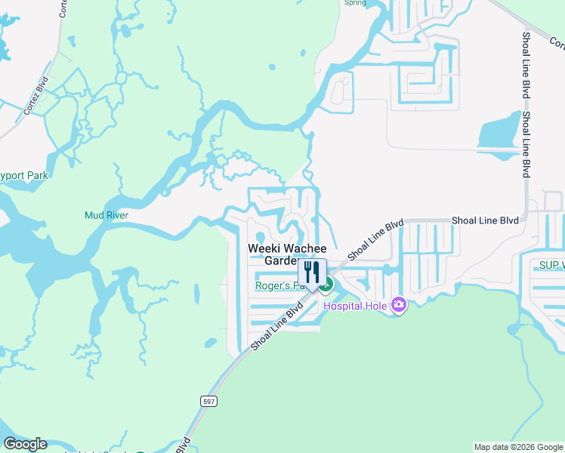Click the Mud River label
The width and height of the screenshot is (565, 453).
pos(106,215)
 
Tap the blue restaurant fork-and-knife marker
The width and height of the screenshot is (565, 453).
pos(312,273)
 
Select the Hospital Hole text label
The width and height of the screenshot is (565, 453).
pos(355,306)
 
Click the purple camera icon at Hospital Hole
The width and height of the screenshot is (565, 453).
pos(398,305)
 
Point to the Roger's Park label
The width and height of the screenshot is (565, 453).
pos(275,285)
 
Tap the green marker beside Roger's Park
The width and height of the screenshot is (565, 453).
pos(326,285)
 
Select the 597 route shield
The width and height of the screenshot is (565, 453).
pos(209,402)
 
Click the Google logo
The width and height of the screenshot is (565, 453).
pos(24,444)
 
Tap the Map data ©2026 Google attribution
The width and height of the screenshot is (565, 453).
pos(518,447)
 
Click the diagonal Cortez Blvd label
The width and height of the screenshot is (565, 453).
pos(36,94)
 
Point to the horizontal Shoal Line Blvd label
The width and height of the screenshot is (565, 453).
pos(485,220)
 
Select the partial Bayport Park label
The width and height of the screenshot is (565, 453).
pos(23,176)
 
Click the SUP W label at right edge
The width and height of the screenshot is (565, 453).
pos(551,265)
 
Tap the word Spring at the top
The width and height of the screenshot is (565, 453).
pos(354,3)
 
